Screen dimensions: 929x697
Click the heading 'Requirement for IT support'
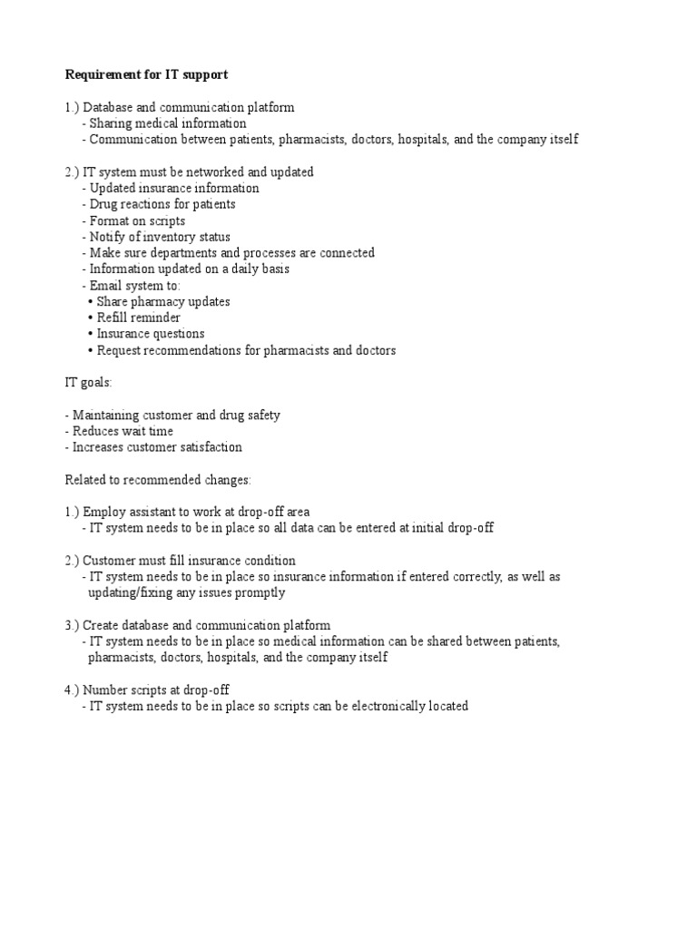coord(146,74)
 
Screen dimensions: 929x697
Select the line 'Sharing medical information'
coord(167,123)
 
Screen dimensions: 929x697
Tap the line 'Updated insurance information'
coord(173,189)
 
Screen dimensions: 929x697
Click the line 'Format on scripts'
coord(136,221)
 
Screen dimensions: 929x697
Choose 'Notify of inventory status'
coord(159,238)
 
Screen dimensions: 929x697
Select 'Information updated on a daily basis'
coord(189,269)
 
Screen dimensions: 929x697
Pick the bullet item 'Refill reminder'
coord(138,318)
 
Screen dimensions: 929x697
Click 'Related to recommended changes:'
coord(158,479)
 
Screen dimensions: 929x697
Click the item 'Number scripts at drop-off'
coord(152,690)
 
